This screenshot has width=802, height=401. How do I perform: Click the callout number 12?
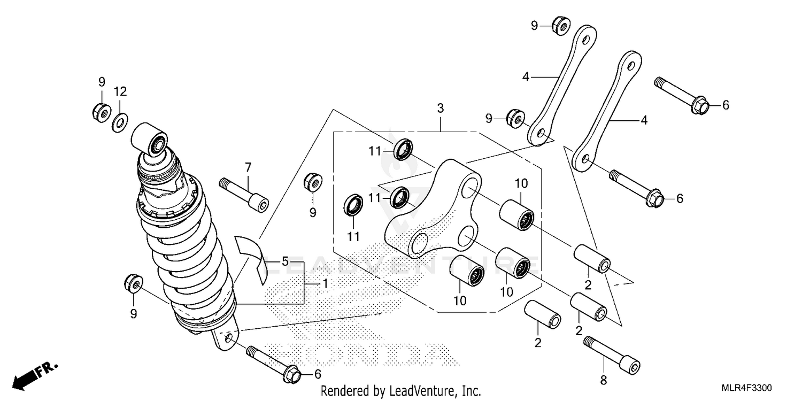(x=120, y=91)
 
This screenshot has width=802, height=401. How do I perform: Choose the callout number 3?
(x=440, y=107)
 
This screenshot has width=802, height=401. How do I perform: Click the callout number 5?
(x=285, y=262)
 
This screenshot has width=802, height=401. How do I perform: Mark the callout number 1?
(x=324, y=284)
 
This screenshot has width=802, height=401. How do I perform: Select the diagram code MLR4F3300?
(x=749, y=388)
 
